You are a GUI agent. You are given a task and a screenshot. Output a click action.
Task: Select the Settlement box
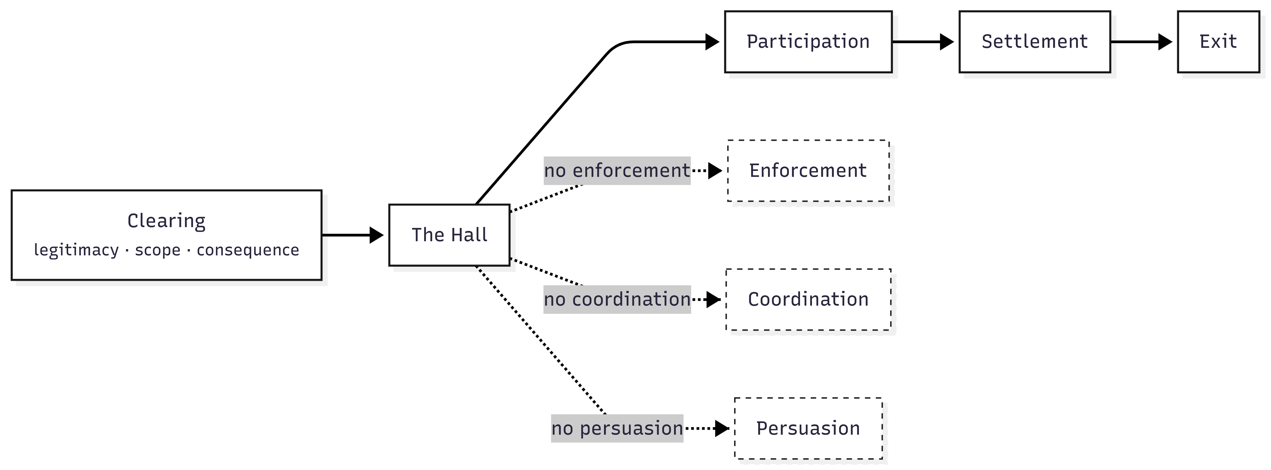[x=1034, y=42]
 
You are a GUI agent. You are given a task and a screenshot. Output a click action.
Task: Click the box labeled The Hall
[x=449, y=235]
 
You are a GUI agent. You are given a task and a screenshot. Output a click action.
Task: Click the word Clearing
[x=166, y=221]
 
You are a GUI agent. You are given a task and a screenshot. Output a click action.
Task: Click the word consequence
[x=248, y=250]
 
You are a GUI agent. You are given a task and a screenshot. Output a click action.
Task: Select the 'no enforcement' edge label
[x=617, y=171]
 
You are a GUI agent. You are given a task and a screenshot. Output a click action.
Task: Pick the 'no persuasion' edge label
[x=617, y=428]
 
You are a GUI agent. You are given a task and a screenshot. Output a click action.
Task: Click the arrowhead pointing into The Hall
[x=377, y=235]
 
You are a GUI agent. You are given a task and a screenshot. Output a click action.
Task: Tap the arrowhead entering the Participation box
[x=713, y=42]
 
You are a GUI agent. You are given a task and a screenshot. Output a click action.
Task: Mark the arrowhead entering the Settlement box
[x=947, y=42]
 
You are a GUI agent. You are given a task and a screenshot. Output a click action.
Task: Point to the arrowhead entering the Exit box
[x=1165, y=42]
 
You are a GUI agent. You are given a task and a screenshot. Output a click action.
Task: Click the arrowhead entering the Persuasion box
[x=722, y=428]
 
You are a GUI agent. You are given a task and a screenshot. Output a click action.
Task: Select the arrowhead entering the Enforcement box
[x=715, y=171]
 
